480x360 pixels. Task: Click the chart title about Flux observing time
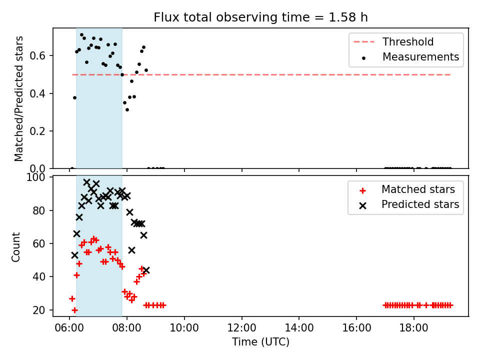(260, 17)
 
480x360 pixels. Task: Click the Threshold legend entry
(393, 41)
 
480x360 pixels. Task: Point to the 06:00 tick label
(69, 328)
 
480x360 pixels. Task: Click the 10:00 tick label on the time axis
(184, 328)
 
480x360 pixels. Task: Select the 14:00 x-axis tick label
(299, 328)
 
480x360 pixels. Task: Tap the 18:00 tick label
(414, 328)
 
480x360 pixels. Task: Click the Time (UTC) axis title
(260, 342)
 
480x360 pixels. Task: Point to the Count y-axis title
(15, 247)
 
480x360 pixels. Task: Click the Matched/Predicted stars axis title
(18, 98)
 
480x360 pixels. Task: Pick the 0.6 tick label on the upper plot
(37, 55)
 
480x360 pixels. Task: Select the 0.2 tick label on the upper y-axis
(37, 131)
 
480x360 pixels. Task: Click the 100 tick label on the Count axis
(35, 177)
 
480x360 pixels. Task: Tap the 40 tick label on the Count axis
(39, 276)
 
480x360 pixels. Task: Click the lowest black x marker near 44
(146, 270)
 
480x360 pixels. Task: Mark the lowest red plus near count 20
(74, 310)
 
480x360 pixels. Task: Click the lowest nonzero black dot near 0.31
(127, 109)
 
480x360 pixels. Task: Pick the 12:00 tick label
(242, 328)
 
